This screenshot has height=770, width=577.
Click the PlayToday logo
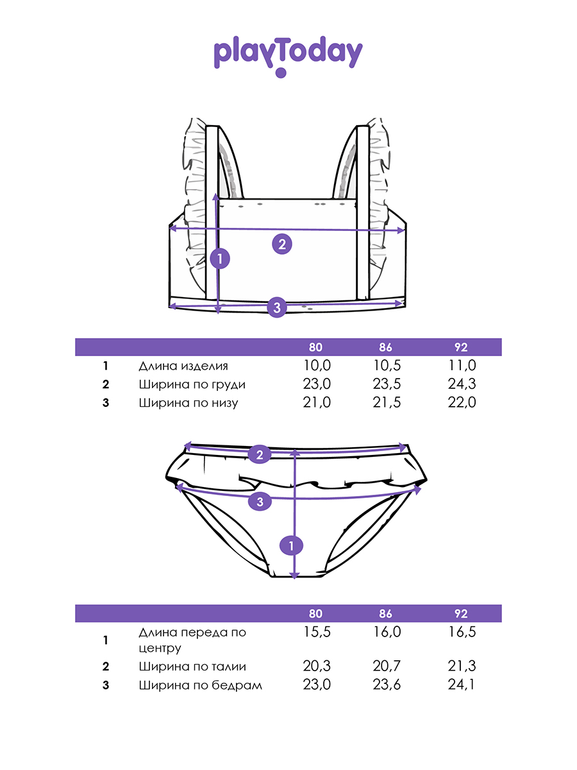coord(288,55)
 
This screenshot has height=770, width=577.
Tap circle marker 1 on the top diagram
coord(220,259)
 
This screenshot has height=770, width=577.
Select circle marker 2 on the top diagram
coord(282,244)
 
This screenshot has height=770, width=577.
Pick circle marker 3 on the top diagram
coord(276,307)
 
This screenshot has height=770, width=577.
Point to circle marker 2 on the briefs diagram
coord(259,455)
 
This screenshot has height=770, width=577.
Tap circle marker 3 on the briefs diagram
coord(260,502)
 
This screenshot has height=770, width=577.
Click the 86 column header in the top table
coord(385,348)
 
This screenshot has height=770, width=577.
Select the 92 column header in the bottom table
coord(461,614)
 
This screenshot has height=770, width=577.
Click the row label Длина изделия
coord(183,366)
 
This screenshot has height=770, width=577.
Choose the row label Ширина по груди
coord(192,385)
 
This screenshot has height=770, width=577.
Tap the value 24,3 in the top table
coord(462,385)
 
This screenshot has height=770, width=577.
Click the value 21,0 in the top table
coord(316,403)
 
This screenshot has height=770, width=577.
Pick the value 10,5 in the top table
coord(387,366)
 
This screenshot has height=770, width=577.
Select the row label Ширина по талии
coord(192,667)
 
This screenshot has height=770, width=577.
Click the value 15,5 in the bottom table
coord(316,632)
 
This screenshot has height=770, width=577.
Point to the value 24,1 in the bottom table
coord(462,685)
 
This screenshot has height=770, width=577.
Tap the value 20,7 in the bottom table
coord(387,667)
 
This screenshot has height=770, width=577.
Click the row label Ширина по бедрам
coord(200,685)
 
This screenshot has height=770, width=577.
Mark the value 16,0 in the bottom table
coord(387,632)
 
